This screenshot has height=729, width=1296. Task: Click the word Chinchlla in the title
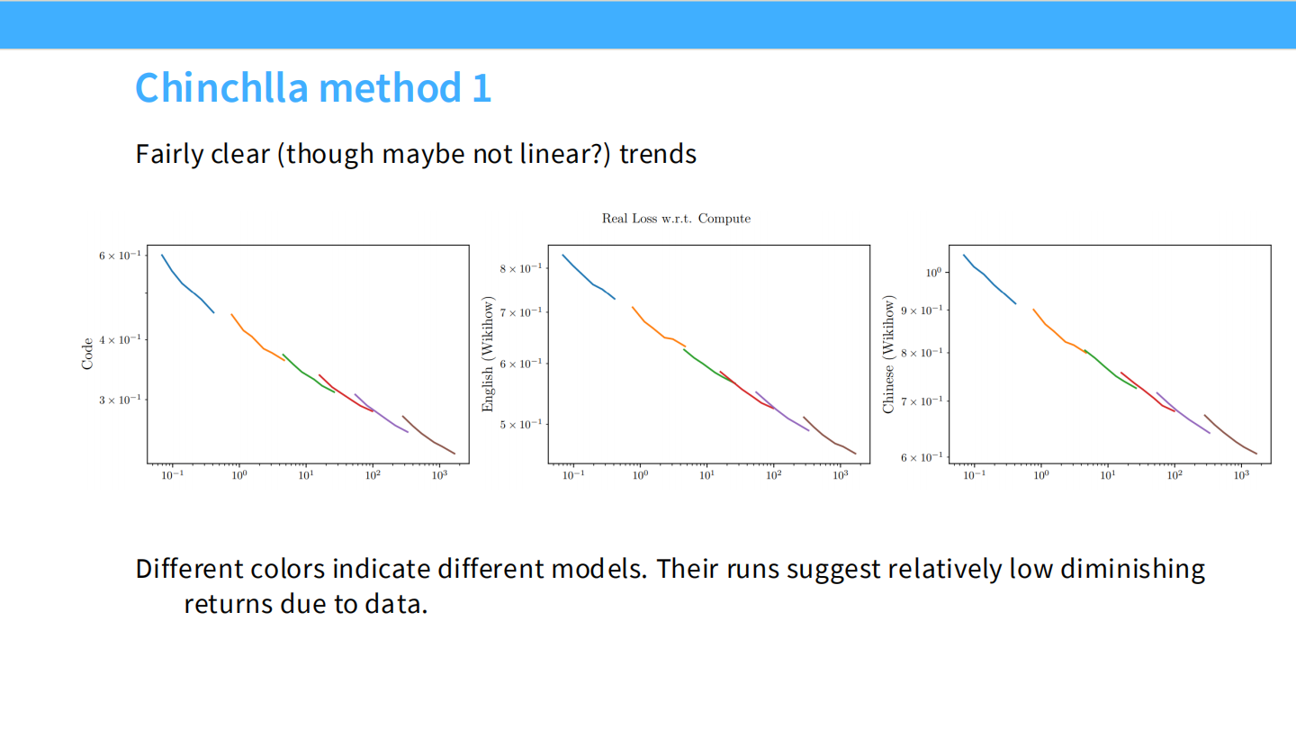point(221,88)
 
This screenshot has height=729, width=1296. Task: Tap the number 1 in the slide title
point(481,88)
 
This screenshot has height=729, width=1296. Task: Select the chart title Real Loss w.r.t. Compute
point(676,219)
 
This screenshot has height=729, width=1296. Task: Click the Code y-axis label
point(86,354)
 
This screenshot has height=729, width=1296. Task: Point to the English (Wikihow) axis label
point(488,354)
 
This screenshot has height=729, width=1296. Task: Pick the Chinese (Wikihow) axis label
point(888,354)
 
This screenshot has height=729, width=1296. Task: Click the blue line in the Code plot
point(187,284)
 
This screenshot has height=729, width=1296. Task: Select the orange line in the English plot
point(659,328)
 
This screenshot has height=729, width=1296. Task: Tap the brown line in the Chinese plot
point(1230,435)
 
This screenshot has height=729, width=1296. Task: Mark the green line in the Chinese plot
point(1110,369)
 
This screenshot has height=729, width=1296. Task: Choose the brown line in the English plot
point(829,436)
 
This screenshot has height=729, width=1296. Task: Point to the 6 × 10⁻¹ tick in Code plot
point(120,256)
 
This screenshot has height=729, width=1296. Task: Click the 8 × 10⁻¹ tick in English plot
point(521,268)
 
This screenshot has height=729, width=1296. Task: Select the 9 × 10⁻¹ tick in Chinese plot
point(922,310)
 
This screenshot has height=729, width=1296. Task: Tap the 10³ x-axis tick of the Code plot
point(440,475)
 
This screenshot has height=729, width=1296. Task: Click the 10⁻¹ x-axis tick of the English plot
point(573,475)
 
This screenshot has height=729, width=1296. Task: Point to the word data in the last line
point(392,604)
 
